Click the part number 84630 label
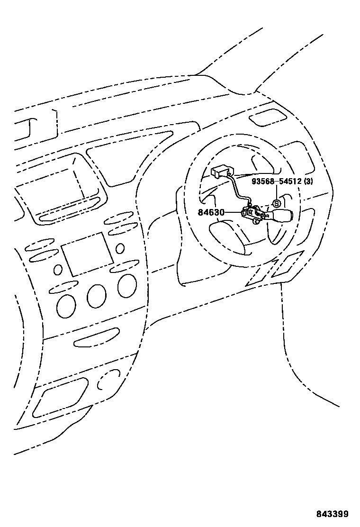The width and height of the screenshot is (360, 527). coord(211,213)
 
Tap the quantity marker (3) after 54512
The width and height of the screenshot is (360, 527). coord(308,182)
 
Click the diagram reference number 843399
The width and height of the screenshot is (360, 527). coord(333,514)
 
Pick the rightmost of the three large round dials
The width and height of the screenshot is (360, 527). coord(127,286)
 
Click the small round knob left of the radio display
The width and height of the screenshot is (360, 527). coord(58,270)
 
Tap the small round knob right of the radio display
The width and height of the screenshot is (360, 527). coord(120,248)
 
